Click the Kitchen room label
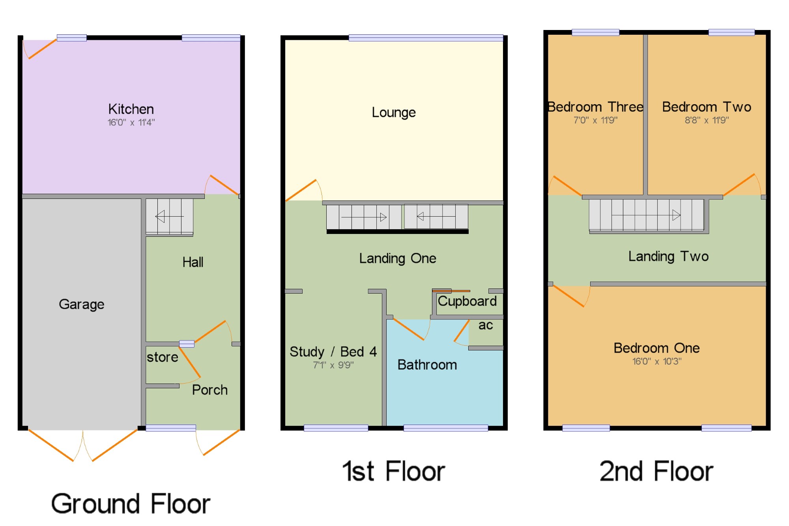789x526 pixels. pyautogui.click(x=131, y=109)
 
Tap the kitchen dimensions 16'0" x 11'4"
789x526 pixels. pyautogui.click(x=131, y=122)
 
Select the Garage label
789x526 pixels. pyautogui.click(x=82, y=304)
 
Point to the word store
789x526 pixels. pyautogui.click(x=163, y=357)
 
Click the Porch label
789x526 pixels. pyautogui.click(x=210, y=390)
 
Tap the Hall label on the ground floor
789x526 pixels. pyautogui.click(x=193, y=262)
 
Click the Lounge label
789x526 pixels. pyautogui.click(x=394, y=112)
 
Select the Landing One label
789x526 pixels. pyautogui.click(x=398, y=258)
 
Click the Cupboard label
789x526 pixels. pyautogui.click(x=467, y=301)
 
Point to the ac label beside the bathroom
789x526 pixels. pyautogui.click(x=486, y=325)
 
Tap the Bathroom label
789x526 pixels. pyautogui.click(x=427, y=365)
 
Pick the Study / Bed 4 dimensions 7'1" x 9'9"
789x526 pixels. pyautogui.click(x=333, y=365)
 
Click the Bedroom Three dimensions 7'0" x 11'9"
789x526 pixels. pyautogui.click(x=596, y=120)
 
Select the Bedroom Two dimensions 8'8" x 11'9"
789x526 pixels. pyautogui.click(x=707, y=120)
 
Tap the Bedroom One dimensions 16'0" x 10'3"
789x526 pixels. pyautogui.click(x=657, y=361)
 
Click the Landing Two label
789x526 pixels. pyautogui.click(x=669, y=256)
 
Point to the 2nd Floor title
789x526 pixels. pyautogui.click(x=656, y=471)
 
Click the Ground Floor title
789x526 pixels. pyautogui.click(x=131, y=504)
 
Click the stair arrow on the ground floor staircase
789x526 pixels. pyautogui.click(x=170, y=216)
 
